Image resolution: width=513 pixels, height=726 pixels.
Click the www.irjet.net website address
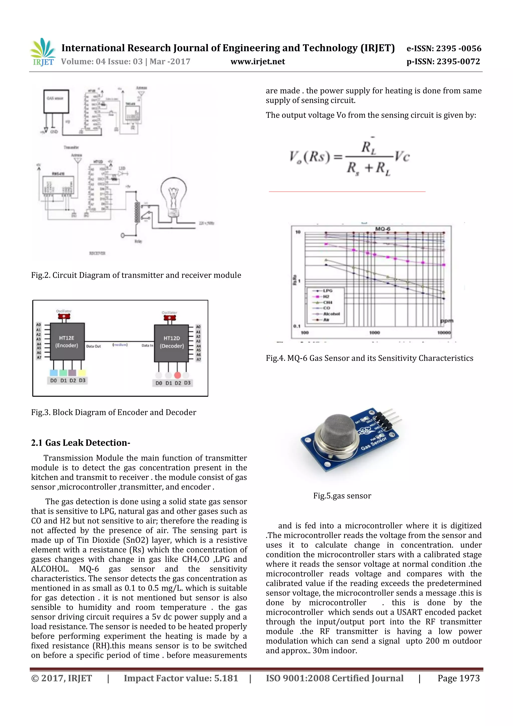pos(258,62)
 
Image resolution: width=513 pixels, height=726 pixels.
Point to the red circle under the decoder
pos(178,375)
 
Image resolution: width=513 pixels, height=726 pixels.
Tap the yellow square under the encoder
pos(82,372)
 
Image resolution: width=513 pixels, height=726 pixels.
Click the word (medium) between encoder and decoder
pos(120,345)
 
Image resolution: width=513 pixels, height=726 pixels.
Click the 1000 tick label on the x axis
pos(374,333)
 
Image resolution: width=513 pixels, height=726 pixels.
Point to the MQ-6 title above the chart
pos(382,229)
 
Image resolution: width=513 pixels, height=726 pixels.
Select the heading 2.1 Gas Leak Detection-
pos(81,443)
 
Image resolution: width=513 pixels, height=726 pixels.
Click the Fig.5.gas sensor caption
pos(342,495)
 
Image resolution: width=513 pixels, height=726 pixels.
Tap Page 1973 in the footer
pos(458,678)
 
